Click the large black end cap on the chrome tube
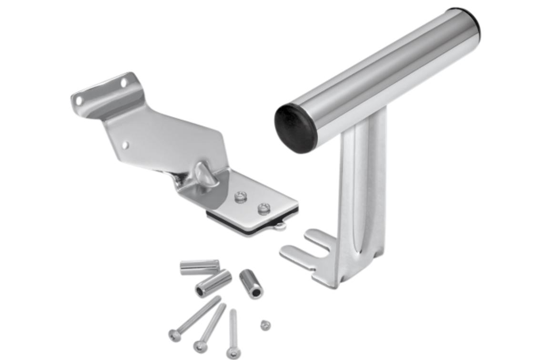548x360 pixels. point(296,128)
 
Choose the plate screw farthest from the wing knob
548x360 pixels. point(263,208)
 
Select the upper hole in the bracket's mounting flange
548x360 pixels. point(124,83)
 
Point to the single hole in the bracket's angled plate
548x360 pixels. point(125,144)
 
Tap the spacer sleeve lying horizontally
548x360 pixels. point(199,267)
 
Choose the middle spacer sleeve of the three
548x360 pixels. point(213,284)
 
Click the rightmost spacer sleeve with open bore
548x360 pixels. point(251,284)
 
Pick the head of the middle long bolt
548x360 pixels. point(198,346)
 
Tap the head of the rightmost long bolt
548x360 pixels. point(233,353)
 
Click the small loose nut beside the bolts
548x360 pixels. point(265,326)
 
